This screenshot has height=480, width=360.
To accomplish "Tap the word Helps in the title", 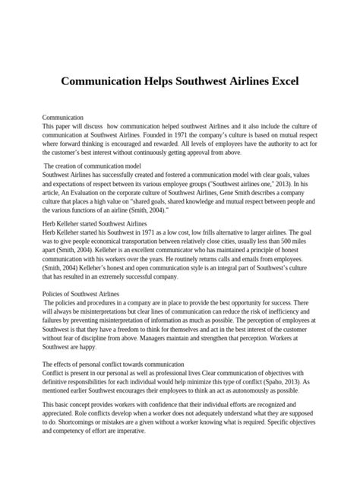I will point(169,80).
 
